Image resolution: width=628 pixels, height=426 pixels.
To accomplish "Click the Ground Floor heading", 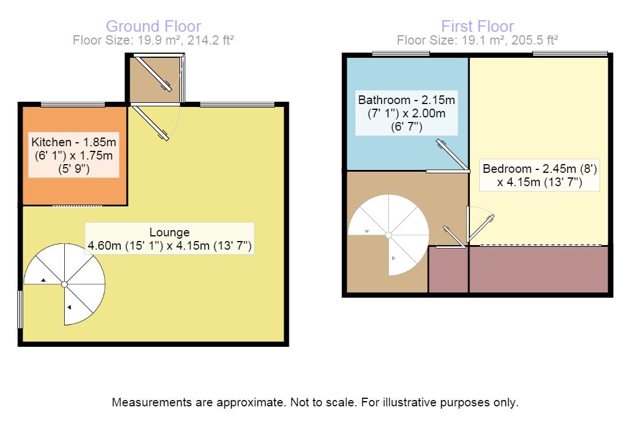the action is click(153, 26).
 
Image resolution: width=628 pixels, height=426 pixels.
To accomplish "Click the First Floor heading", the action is click(477, 26).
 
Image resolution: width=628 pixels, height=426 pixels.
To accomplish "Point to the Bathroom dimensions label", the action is click(406, 114).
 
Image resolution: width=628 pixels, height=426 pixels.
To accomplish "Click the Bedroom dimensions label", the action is click(539, 176).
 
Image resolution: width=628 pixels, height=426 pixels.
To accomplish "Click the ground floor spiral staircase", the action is click(65, 284).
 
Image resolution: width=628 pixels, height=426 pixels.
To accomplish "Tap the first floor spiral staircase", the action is click(388, 235).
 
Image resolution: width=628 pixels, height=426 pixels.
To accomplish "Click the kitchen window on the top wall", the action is click(73, 105).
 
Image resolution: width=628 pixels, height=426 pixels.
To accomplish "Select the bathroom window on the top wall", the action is click(401, 54).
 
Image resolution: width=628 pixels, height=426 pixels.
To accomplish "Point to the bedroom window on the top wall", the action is click(570, 54).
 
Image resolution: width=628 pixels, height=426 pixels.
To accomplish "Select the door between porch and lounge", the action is click(150, 122).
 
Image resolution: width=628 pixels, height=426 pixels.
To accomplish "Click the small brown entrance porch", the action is click(154, 80).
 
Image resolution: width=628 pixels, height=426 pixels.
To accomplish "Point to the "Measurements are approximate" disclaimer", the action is click(315, 402).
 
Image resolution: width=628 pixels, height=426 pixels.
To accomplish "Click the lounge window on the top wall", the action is click(237, 105).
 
